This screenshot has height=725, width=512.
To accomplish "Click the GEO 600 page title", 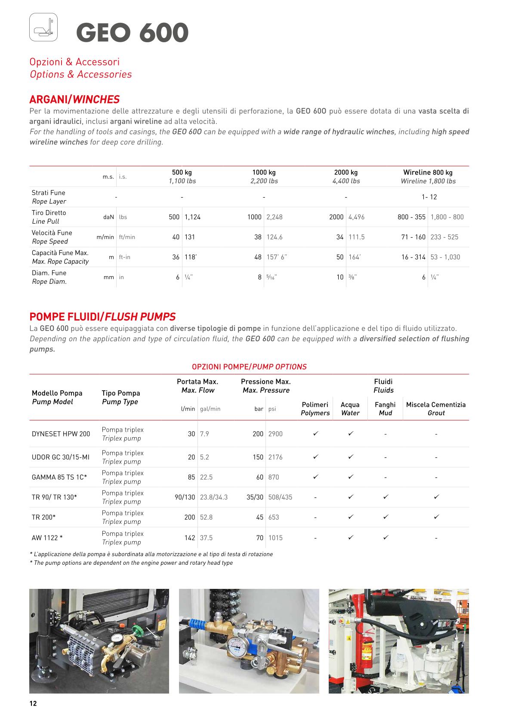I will click(132, 33).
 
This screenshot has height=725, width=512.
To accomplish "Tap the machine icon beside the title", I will click(43, 28).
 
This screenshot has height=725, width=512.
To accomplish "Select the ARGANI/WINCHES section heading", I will click(74, 100).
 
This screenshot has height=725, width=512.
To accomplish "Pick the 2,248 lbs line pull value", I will click(274, 217).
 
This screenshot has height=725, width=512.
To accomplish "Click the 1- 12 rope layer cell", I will click(429, 197).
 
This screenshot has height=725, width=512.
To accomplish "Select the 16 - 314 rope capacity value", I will click(413, 257).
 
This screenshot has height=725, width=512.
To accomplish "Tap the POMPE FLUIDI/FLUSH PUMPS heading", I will click(102, 317).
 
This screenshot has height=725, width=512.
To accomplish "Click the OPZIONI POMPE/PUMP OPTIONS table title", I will click(249, 367).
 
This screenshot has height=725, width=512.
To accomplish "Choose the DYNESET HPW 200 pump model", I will click(61, 434).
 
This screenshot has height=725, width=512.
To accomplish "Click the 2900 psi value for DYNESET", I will click(275, 434).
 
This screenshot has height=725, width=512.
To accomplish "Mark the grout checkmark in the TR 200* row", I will click(436, 517).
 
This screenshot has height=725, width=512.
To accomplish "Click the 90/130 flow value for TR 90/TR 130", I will click(185, 497).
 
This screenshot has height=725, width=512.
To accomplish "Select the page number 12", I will click(33, 703).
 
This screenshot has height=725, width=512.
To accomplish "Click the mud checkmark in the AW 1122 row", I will click(386, 538).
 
